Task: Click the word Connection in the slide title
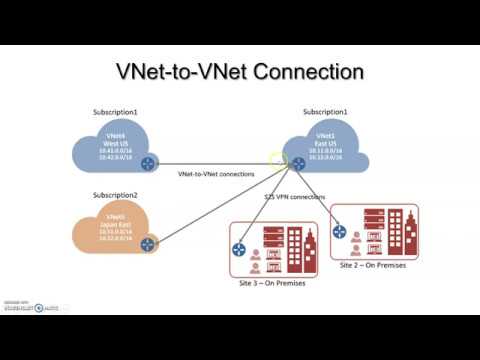pos(308,72)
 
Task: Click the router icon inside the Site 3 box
pos(241,250)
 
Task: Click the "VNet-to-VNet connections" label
pos(215,174)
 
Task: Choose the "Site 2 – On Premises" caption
pos(375,267)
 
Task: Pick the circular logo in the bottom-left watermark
pos(39,307)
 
